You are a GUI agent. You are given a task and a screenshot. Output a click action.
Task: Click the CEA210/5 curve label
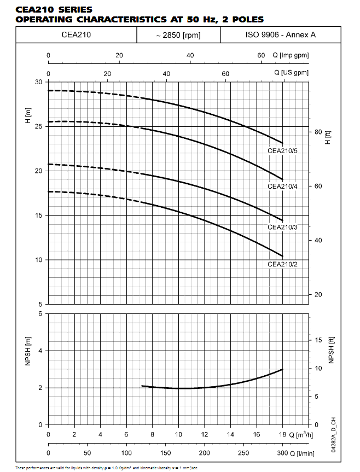pyautogui.click(x=282, y=150)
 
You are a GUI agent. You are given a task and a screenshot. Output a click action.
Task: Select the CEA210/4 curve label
pyautogui.click(x=282, y=186)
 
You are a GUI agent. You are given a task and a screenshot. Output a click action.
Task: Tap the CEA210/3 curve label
pyautogui.click(x=282, y=226)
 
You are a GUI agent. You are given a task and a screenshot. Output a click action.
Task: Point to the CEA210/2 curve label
pyautogui.click(x=282, y=264)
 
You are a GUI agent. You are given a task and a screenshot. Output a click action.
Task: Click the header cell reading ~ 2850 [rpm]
pyautogui.click(x=178, y=36)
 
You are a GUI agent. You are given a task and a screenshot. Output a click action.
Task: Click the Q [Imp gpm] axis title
pyautogui.click(x=291, y=55)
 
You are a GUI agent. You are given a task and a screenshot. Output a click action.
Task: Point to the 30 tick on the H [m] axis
pyautogui.click(x=39, y=82)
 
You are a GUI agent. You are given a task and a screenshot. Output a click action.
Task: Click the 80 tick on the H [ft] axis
pyautogui.click(x=317, y=132)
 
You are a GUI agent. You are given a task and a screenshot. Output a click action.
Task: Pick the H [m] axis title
pyautogui.click(x=28, y=116)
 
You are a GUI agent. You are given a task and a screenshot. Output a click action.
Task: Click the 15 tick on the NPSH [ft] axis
pyautogui.click(x=318, y=340)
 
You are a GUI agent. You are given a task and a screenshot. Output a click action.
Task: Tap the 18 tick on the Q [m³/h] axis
pyautogui.click(x=282, y=435)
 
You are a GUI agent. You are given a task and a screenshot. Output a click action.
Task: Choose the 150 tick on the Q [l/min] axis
pyautogui.click(x=165, y=453)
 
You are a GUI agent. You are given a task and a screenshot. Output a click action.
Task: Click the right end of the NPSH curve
pyautogui.click(x=282, y=370)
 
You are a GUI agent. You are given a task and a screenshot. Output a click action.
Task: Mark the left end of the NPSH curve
pyautogui.click(x=142, y=386)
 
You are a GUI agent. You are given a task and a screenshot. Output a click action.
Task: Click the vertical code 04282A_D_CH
pyautogui.click(x=332, y=433)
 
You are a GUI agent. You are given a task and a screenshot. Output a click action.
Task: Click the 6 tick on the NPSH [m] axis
pyautogui.click(x=40, y=313)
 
